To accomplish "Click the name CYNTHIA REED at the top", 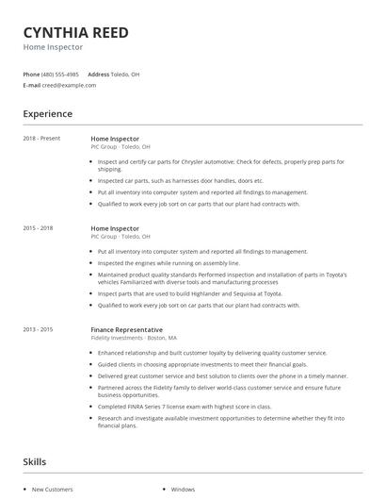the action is (75, 31).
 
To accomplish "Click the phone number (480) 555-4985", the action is (61, 74).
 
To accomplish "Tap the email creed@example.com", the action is (70, 85).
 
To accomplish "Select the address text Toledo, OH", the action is (125, 74).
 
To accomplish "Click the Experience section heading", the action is (48, 114).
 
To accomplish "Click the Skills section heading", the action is (36, 462).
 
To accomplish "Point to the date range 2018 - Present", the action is (41, 139).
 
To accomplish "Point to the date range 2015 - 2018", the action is (38, 228).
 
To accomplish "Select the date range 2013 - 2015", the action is (38, 329).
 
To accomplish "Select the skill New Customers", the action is (53, 490).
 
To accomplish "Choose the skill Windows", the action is (183, 490).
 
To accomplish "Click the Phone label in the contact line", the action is (31, 74).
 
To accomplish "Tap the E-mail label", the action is (32, 85).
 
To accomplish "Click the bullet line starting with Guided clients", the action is (216, 363).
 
